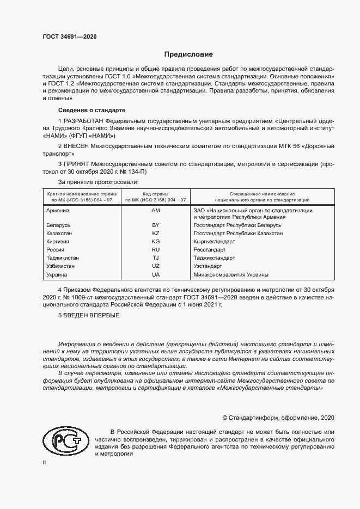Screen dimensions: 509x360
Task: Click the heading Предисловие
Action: [x=189, y=54]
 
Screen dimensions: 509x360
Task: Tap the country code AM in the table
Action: [x=155, y=210]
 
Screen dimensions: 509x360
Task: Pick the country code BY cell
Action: [x=155, y=225]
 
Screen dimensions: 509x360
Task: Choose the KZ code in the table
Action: [x=155, y=233]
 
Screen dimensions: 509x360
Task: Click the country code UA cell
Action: [x=155, y=274]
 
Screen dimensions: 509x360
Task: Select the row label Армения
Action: [x=58, y=210]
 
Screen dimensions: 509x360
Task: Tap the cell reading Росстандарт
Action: [x=210, y=249]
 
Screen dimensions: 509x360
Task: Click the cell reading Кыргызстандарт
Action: [x=214, y=241]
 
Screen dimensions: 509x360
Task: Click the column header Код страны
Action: [x=155, y=194]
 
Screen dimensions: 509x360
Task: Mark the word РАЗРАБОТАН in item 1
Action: [x=84, y=120]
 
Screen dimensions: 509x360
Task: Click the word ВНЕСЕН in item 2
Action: [x=78, y=146]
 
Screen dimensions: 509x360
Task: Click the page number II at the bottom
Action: [x=45, y=462]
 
